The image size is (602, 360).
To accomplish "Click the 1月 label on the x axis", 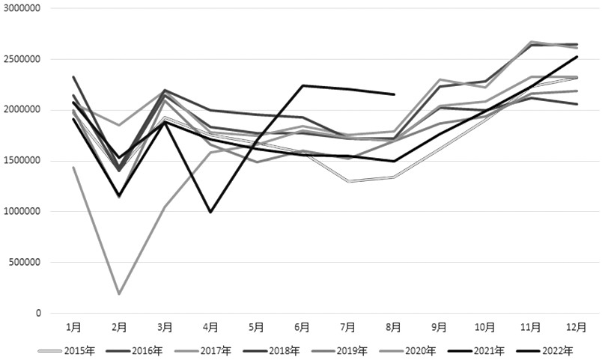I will click(x=73, y=327).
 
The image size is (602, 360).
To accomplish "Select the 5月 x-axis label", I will click(x=256, y=327).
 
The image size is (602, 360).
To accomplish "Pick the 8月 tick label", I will click(x=394, y=327).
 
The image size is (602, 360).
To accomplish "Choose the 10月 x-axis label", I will click(x=485, y=327).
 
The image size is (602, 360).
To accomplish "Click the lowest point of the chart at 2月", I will click(x=119, y=293).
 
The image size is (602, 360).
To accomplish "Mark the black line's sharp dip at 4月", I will click(x=210, y=212).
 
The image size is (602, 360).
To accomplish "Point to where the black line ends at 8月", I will click(x=394, y=94).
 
